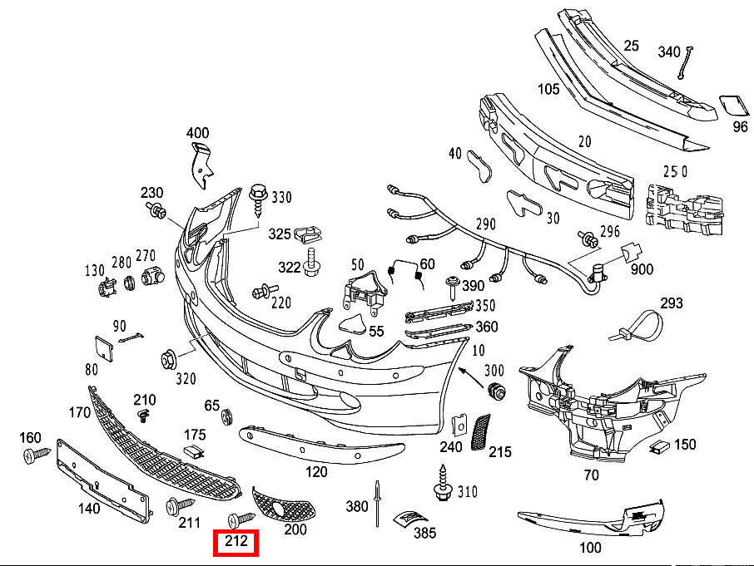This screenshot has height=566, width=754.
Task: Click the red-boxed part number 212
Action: tap(236, 542)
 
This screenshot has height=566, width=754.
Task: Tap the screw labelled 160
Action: tap(37, 454)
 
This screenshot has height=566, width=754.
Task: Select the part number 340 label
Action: tap(669, 52)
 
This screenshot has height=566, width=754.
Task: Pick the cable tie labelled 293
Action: tap(637, 326)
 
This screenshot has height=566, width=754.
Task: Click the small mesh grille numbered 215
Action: tap(480, 432)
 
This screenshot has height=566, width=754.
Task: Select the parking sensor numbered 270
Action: tap(152, 276)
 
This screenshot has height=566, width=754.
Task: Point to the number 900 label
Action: tap(642, 268)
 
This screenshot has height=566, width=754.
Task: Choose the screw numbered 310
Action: tap(443, 483)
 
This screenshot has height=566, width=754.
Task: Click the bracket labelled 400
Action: tap(201, 165)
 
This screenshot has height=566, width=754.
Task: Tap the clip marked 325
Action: tap(307, 234)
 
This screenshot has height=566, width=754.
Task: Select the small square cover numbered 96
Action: tap(733, 106)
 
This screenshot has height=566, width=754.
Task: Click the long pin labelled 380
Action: tap(378, 504)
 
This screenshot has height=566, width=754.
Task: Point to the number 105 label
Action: tap(548, 89)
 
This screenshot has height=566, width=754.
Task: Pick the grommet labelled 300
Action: tap(497, 391)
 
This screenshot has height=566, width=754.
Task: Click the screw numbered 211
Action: tap(180, 506)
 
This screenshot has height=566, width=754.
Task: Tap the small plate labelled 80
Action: tap(104, 347)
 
